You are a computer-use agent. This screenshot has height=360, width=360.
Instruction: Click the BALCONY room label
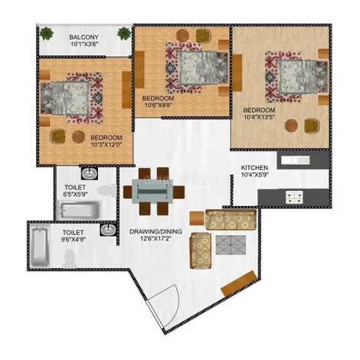click(x=83, y=38)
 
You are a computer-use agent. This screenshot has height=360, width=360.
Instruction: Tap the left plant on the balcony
click(x=47, y=34)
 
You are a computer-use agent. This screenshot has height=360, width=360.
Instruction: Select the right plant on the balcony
click(x=124, y=34)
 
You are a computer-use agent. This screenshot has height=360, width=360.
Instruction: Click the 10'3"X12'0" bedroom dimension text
click(x=106, y=145)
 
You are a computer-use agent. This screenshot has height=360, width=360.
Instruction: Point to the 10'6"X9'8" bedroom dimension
click(x=157, y=105)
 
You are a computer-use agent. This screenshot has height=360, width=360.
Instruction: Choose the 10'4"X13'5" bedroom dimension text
click(x=260, y=117)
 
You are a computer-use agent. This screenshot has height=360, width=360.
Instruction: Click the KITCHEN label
click(x=254, y=168)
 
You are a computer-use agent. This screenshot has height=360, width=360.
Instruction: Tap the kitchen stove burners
click(x=294, y=197)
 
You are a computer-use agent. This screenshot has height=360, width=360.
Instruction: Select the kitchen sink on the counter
click(x=296, y=160)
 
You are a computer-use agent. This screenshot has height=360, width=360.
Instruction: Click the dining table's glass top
click(x=152, y=191)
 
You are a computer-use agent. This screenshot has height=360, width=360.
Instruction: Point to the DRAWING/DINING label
click(x=155, y=231)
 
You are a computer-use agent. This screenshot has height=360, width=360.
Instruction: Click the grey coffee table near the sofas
click(x=231, y=245)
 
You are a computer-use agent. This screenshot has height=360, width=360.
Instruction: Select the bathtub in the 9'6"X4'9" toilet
click(x=40, y=247)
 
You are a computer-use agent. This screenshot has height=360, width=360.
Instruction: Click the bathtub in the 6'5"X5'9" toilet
click(x=78, y=210)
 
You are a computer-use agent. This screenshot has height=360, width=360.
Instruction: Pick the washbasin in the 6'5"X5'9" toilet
click(x=89, y=174)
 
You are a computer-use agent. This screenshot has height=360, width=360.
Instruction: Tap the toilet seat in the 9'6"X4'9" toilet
click(x=70, y=258)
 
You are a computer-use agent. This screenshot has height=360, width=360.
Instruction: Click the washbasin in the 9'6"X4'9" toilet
click(x=109, y=230)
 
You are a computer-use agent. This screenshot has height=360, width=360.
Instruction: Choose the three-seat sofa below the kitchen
click(x=231, y=220)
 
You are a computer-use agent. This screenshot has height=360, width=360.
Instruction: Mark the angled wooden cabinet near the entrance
click(x=239, y=283)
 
